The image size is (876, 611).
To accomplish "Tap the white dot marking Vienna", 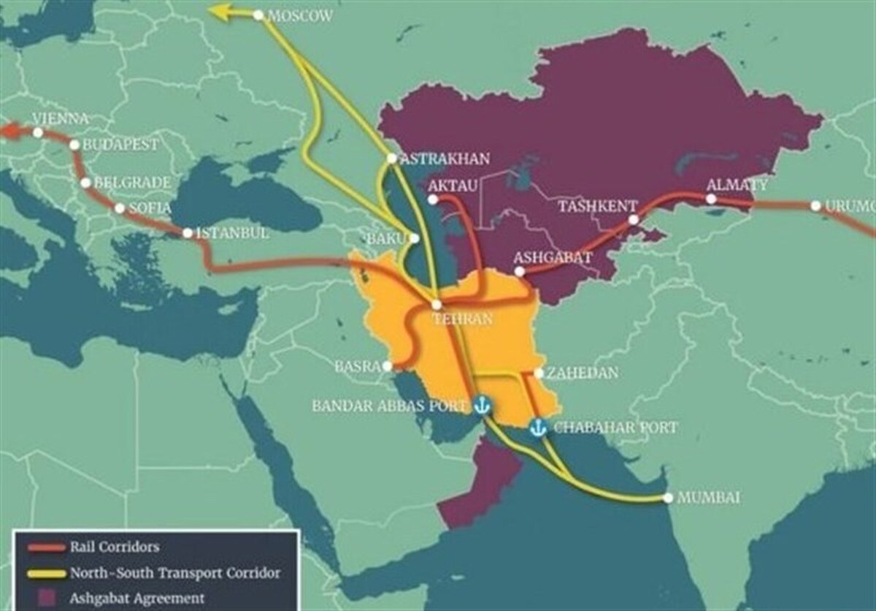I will coord(38,132).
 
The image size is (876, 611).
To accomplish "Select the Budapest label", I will coord(120,145).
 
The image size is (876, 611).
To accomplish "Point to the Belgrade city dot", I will coord(87,183).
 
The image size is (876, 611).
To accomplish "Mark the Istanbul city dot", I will coord(188,233).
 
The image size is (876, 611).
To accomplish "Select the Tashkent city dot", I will coord(634,219).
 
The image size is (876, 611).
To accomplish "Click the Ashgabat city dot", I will coord(519,271).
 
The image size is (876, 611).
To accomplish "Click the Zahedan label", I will coord(583,373).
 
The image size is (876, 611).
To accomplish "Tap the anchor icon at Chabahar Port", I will coord(538,428).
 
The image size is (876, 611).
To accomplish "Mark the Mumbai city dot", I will coord(668,498).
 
